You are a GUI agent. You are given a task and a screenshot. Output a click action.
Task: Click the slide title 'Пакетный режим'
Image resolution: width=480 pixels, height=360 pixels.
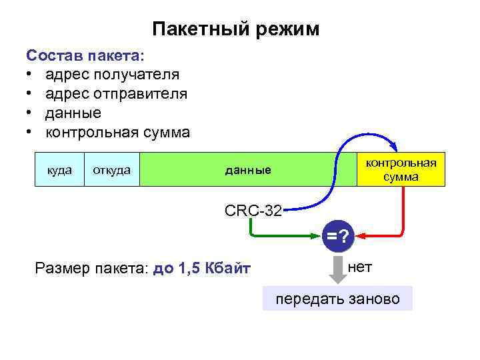(x=236, y=29)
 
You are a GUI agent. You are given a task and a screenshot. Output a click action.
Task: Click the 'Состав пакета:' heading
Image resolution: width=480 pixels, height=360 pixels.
(x=87, y=54)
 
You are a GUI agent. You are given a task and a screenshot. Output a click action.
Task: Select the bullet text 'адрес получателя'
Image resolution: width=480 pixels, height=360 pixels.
(x=112, y=74)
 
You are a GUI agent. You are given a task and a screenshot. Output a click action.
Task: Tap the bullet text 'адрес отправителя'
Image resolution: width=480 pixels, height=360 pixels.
(x=116, y=93)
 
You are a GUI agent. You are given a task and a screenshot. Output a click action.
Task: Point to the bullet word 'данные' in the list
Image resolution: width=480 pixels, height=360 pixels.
(x=73, y=113)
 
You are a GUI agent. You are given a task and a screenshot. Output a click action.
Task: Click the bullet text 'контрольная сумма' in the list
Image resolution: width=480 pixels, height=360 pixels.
(x=117, y=132)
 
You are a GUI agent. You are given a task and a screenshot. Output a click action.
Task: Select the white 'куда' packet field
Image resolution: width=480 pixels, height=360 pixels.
(x=59, y=171)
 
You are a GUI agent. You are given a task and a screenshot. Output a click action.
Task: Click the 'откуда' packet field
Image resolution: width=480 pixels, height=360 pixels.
(x=111, y=171)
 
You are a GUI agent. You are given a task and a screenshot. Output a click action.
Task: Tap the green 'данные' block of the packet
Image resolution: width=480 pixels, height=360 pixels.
(x=247, y=171)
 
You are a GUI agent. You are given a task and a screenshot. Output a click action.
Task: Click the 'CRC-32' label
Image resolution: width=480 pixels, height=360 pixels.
(x=253, y=211)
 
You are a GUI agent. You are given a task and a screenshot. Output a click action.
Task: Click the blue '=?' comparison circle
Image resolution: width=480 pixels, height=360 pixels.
(x=338, y=236)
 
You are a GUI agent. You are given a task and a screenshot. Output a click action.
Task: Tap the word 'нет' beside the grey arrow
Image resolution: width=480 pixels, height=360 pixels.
(x=360, y=267)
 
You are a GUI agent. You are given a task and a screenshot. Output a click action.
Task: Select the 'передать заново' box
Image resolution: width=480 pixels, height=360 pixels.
(x=338, y=299)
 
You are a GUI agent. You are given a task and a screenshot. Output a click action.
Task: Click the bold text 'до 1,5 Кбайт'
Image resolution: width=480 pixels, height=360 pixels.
(x=201, y=269)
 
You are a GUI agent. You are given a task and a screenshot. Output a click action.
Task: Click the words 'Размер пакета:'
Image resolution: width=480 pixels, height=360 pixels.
(x=91, y=269)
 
